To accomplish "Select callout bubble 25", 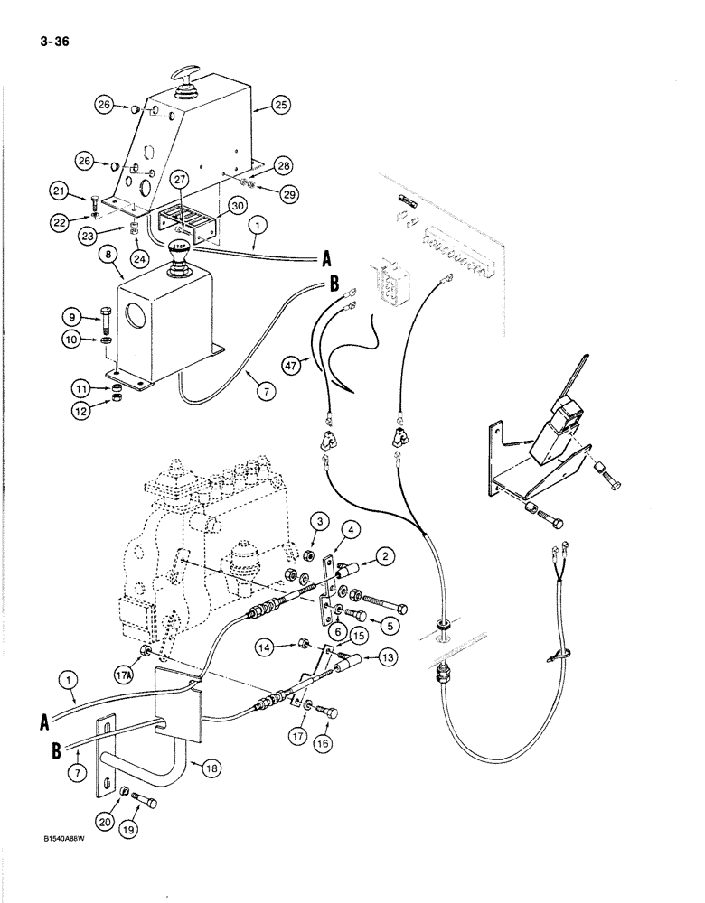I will click(x=281, y=107).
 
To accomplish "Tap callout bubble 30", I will click(x=238, y=205).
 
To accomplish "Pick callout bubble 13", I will click(x=387, y=656).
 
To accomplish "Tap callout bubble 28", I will click(x=283, y=165).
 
